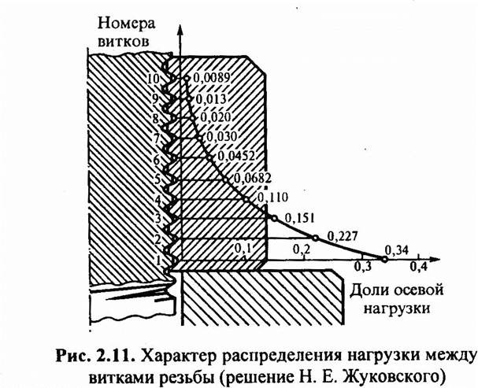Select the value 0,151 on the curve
tap(298, 216)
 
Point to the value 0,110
tap(272, 196)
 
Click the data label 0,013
tap(211, 99)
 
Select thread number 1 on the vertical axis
tap(157, 259)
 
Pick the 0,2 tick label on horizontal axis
tap(301, 249)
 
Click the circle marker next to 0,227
tap(315, 238)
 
